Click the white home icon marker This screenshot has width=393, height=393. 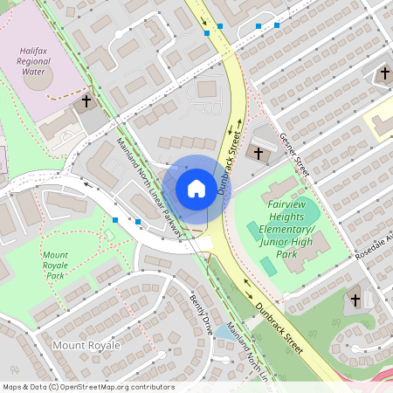point(196,188)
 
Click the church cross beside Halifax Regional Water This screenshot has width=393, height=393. point(86,102)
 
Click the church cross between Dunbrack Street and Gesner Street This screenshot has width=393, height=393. point(259,153)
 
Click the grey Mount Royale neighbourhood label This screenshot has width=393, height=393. point(86,346)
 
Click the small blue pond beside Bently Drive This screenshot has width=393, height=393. point(224,333)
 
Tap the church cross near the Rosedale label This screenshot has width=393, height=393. point(355,300)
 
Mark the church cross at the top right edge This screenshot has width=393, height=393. point(385,75)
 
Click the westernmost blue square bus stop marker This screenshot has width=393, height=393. point(116,220)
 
